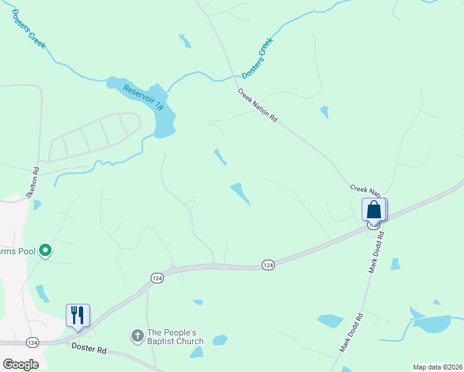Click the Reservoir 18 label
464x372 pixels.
pos(143,97)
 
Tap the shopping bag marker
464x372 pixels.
pos(374,210)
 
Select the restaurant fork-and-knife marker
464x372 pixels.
pos(78,315)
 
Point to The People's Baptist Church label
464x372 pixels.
pos(175,337)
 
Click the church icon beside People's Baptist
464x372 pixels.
pos(137,336)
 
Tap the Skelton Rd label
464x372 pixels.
pos(32,182)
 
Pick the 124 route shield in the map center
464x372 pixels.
pos(268,265)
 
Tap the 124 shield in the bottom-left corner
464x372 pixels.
pos(32,342)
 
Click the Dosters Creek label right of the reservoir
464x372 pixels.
pos(257,58)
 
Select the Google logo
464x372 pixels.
pos(20,365)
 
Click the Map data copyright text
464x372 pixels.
pos(437,367)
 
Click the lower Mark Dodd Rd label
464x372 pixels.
pos(351,334)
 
